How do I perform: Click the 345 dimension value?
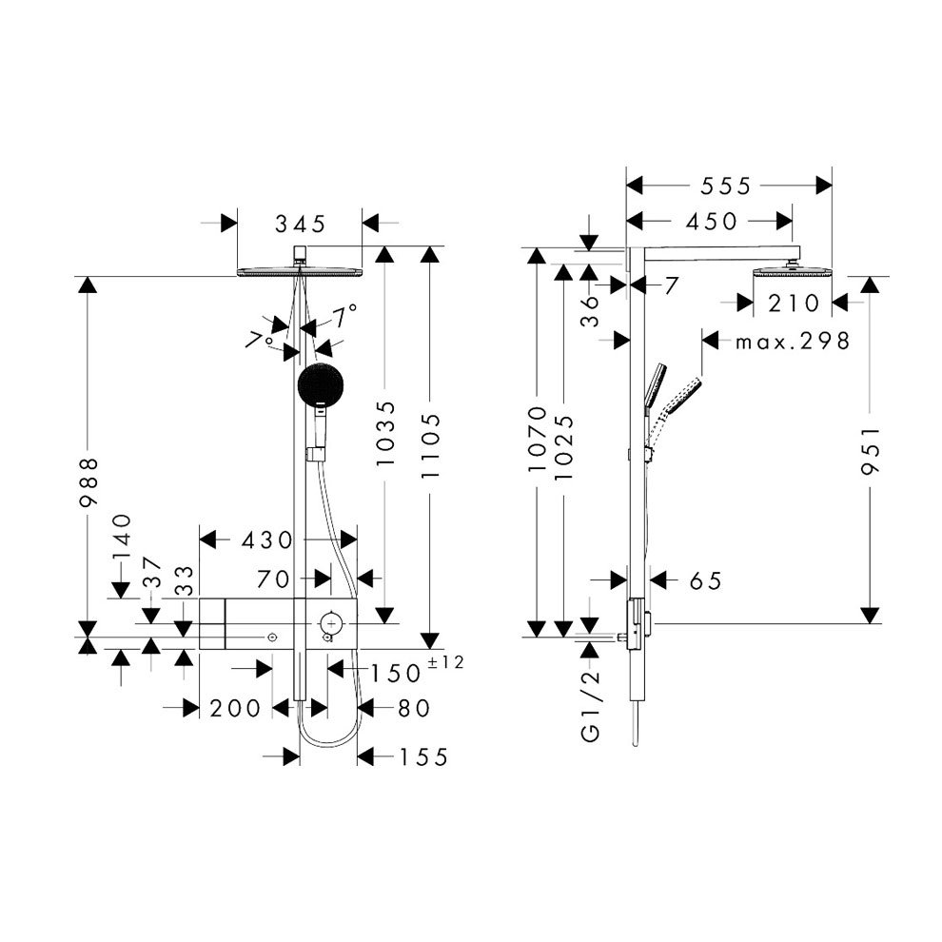[x=300, y=225]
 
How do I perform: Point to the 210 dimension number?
[x=794, y=304]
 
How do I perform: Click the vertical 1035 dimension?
[x=385, y=435]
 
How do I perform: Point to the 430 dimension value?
[x=265, y=540]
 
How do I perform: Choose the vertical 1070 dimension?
[x=537, y=441]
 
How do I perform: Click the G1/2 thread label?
[x=592, y=704]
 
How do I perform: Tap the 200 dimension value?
[x=236, y=709]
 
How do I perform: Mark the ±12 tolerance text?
[x=446, y=663]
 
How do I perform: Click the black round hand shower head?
[x=318, y=384]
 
